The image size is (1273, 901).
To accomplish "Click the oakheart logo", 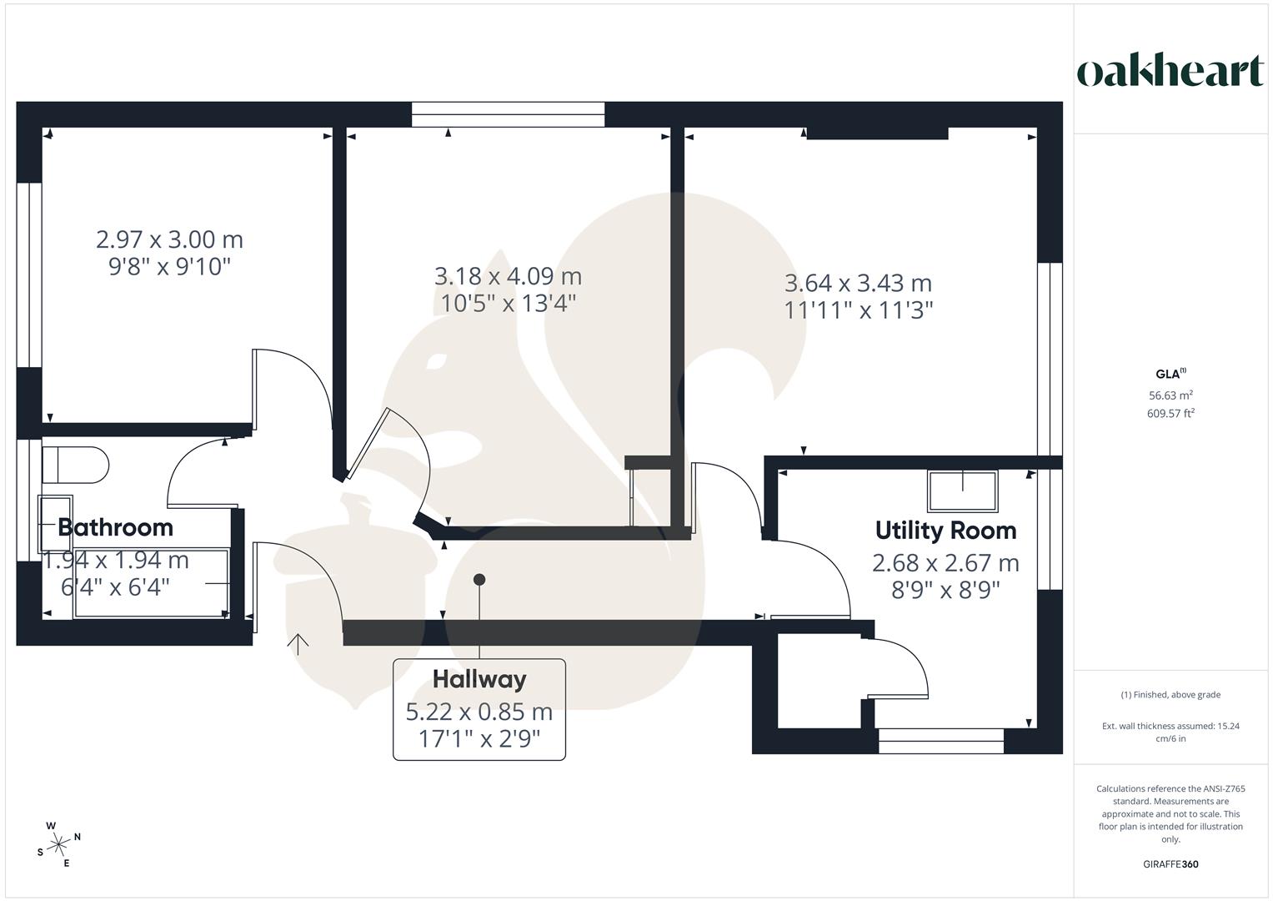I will [x=1170, y=71].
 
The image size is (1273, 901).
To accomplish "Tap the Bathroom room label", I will [x=115, y=527].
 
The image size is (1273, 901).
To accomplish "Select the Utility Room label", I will [x=945, y=531].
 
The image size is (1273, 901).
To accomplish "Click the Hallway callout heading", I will [x=479, y=679].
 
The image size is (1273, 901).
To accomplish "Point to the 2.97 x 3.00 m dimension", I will [x=169, y=239].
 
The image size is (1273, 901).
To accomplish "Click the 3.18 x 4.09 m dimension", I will [x=508, y=276].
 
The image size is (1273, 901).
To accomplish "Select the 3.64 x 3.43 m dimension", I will [x=858, y=284].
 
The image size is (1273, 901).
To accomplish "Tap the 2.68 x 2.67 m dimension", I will [x=945, y=563].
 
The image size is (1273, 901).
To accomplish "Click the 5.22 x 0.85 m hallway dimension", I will [x=479, y=712].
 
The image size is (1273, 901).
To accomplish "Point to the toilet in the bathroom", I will [x=75, y=465].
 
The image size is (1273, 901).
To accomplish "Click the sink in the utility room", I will [x=963, y=491].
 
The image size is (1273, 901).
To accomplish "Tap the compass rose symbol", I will [x=58, y=845].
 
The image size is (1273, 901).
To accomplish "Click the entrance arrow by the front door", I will [x=298, y=642].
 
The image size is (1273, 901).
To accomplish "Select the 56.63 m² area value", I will [x=1170, y=395].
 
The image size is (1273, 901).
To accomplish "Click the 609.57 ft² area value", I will [x=1170, y=413].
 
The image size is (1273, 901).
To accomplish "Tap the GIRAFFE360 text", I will [x=1170, y=864].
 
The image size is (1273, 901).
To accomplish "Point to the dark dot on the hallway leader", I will [x=479, y=579].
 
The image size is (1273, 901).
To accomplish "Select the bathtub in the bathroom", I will [x=152, y=582].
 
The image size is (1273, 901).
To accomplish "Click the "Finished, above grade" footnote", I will [x=1170, y=695].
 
